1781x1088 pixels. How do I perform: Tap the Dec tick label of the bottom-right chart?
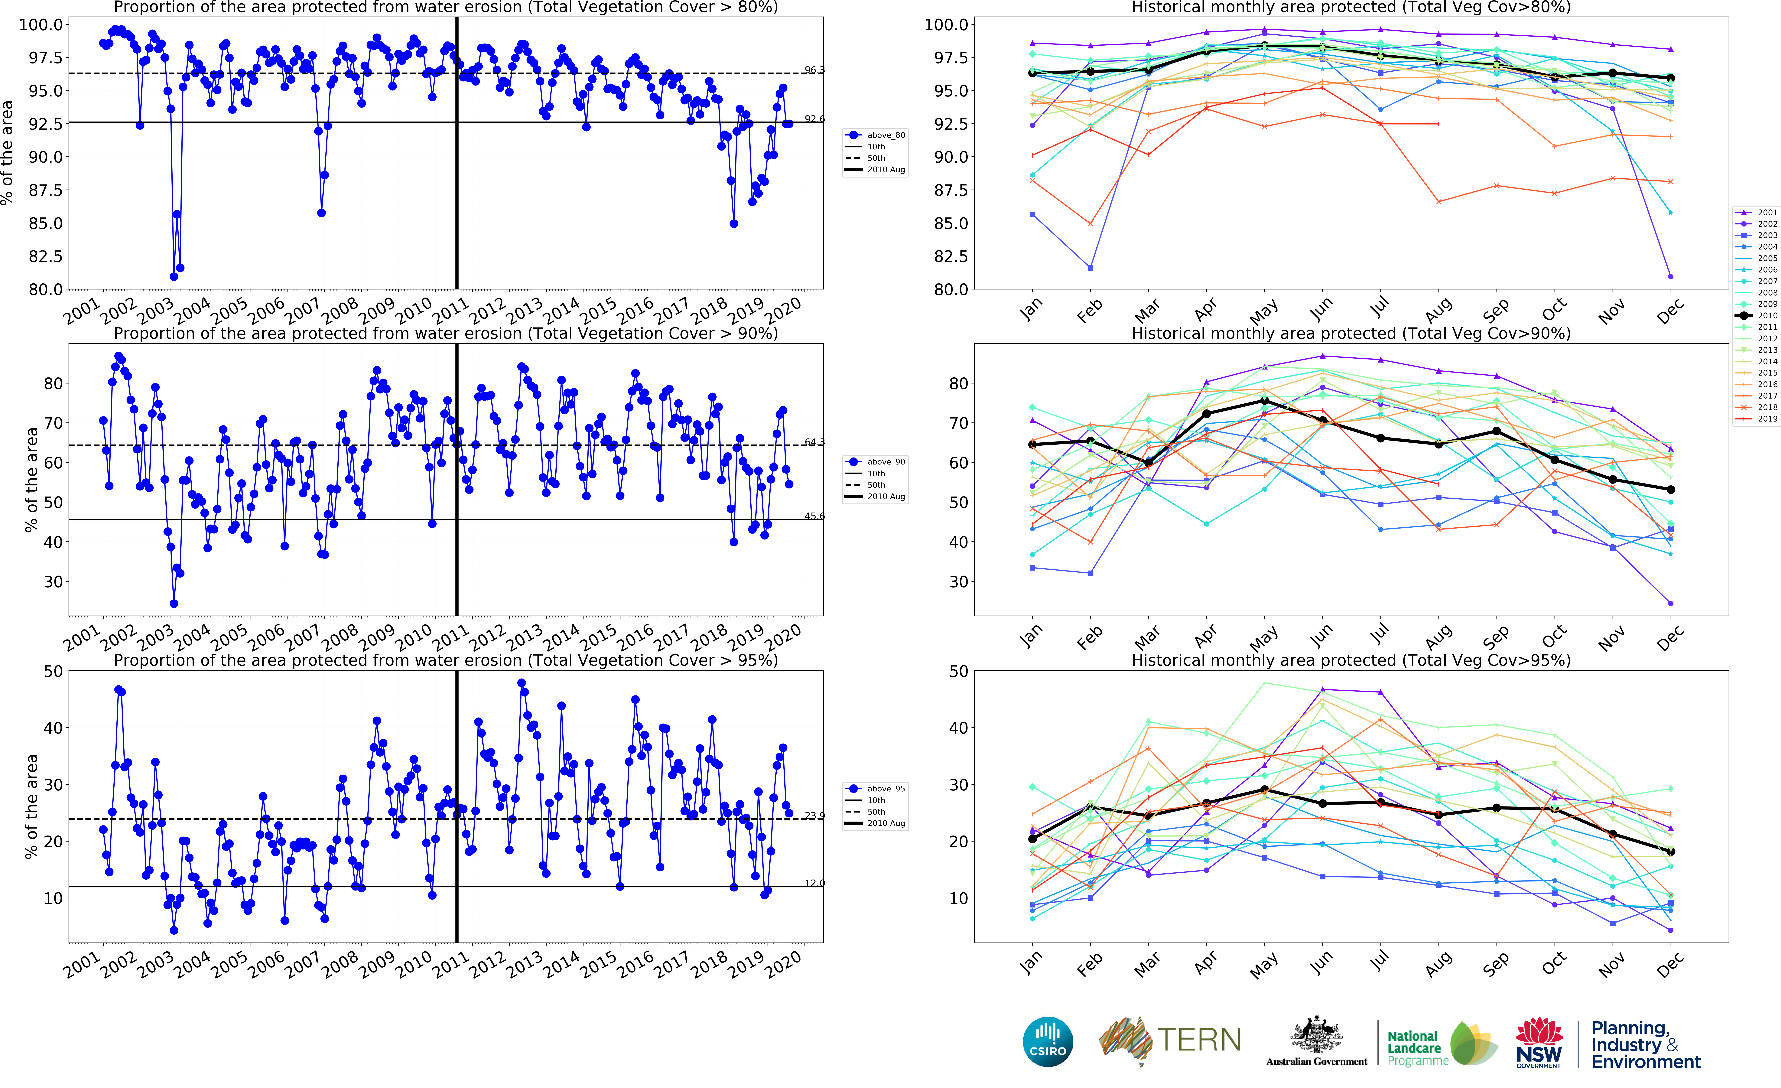pyautogui.click(x=1670, y=965)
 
